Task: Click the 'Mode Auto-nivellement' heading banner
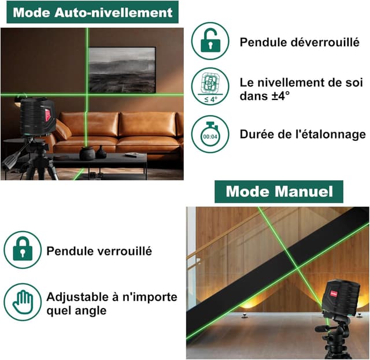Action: pyautogui.click(x=92, y=13)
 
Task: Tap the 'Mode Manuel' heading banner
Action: pyautogui.click(x=279, y=191)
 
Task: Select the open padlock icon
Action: pyautogui.click(x=210, y=41)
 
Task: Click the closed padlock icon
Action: pyautogui.click(x=23, y=250)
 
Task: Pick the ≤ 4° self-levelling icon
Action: pyautogui.click(x=210, y=87)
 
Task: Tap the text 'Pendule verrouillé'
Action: pyautogui.click(x=99, y=251)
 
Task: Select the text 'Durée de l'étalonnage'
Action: pyautogui.click(x=303, y=135)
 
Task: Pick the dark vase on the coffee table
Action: pyautogui.click(x=87, y=153)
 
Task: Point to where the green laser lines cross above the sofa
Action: pyautogui.click(x=87, y=94)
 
